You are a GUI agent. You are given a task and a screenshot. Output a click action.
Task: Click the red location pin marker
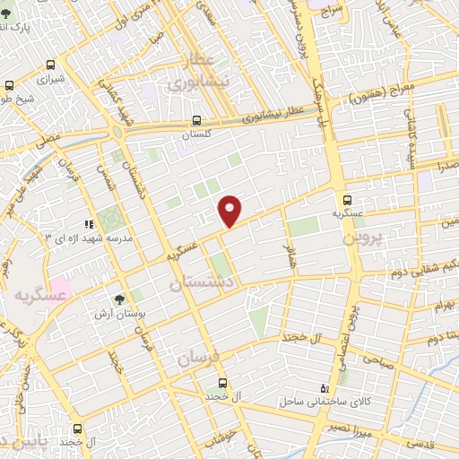click(x=230, y=211)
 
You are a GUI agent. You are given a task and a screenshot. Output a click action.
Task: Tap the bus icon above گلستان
click(x=196, y=120)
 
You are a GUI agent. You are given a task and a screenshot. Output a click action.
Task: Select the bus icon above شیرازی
click(x=51, y=65)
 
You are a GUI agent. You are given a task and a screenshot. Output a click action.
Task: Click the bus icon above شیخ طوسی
click(x=8, y=87)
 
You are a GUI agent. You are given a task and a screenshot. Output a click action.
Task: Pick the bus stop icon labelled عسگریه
click(x=347, y=201)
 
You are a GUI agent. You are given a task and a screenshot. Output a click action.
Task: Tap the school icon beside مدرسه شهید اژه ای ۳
click(x=88, y=224)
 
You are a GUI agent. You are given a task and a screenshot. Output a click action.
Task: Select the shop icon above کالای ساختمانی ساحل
click(x=324, y=388)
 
